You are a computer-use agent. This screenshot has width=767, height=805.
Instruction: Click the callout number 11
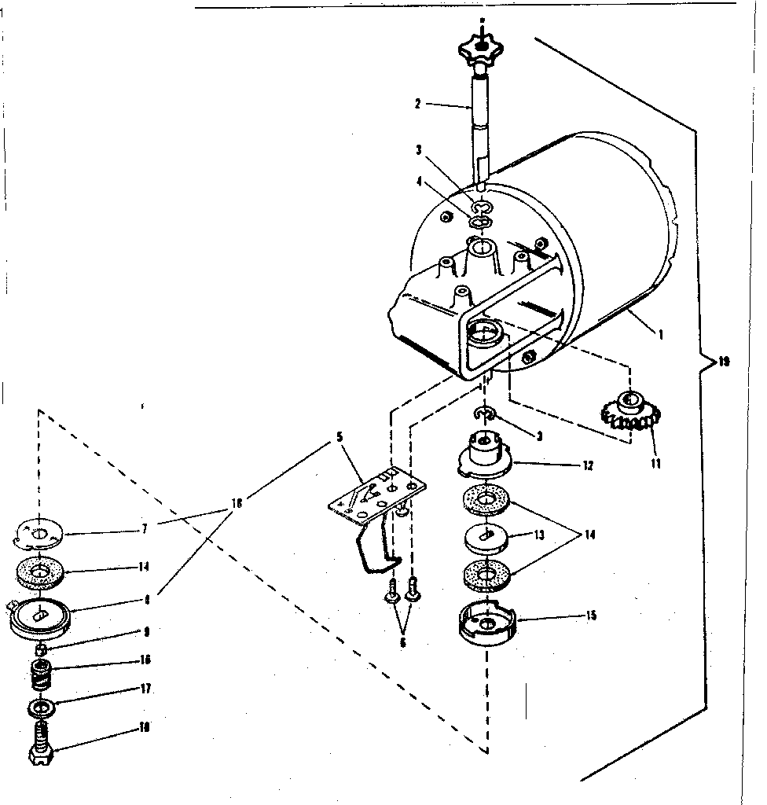[655, 463]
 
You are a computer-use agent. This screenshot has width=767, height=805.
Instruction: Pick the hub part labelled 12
[483, 455]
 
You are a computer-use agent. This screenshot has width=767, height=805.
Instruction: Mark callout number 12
[588, 465]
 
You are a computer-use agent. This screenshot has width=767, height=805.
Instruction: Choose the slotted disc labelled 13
[486, 537]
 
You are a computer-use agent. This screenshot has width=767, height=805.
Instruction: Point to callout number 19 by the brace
[724, 362]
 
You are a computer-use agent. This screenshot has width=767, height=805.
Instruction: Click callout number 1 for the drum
[661, 333]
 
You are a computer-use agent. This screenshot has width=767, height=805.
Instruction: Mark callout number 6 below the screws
[403, 642]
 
